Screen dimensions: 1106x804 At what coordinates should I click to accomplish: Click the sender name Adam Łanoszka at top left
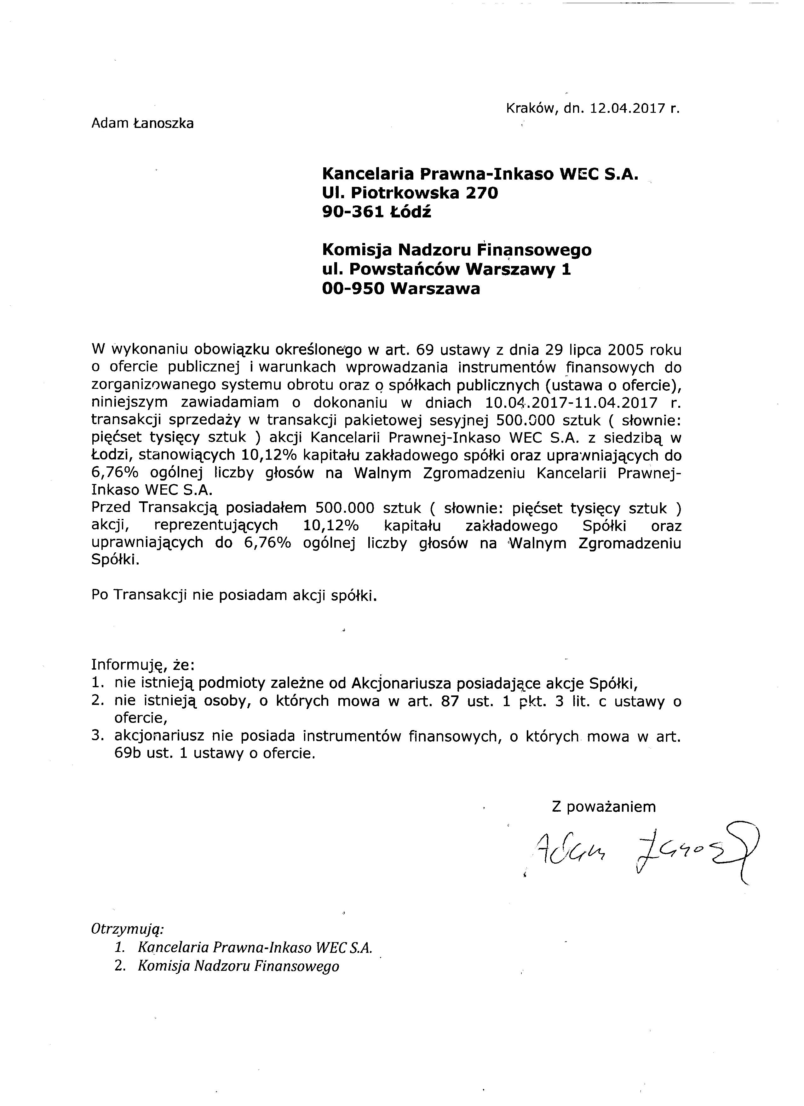pyautogui.click(x=142, y=124)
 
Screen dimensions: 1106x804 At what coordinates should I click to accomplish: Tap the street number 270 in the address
pyautogui.click(x=482, y=193)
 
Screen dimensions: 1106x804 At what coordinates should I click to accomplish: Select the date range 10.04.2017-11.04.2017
pyautogui.click(x=571, y=403)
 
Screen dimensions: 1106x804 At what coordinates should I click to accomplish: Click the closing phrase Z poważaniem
pyautogui.click(x=604, y=807)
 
